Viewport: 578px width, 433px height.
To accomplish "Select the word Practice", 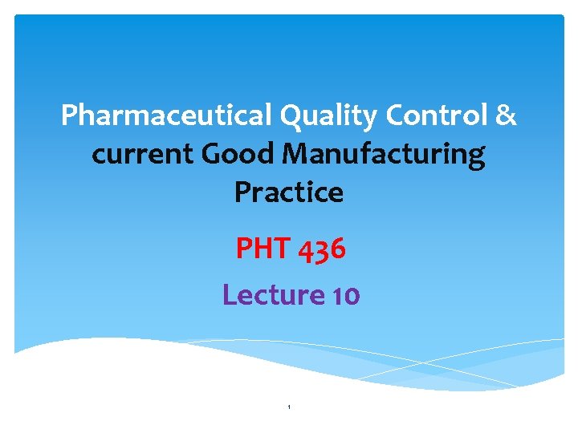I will coord(289,192).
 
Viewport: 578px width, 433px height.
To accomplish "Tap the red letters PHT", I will coord(263,249).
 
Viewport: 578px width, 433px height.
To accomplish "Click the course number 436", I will coord(322,249).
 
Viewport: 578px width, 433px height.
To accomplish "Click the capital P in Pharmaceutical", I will coord(69,116).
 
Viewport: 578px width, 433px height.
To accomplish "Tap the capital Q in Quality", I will coord(290,116).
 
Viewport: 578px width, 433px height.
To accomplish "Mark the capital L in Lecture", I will coord(229,295).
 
